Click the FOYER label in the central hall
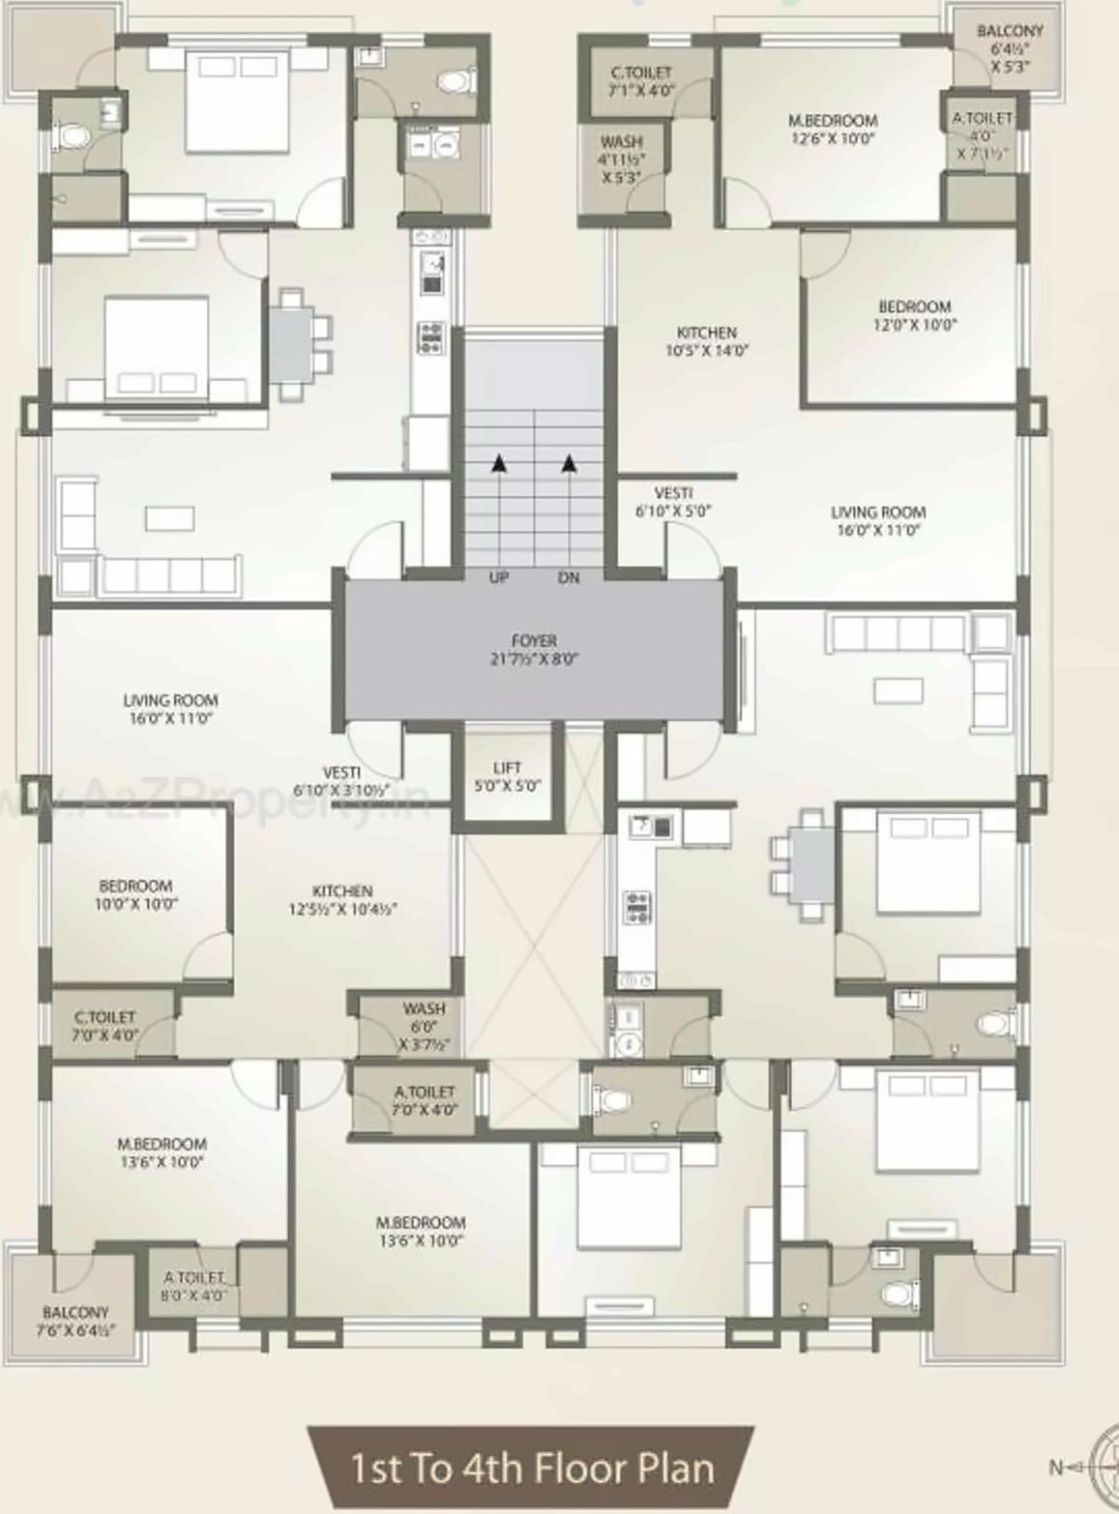(x=534, y=650)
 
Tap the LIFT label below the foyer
(x=507, y=776)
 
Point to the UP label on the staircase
(x=499, y=577)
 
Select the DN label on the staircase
(x=569, y=577)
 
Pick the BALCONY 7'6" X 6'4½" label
(x=75, y=1321)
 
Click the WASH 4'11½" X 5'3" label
(x=621, y=160)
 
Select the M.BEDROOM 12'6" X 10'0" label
(x=833, y=129)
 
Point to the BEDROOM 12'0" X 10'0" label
(x=914, y=315)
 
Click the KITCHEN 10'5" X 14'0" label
(x=707, y=340)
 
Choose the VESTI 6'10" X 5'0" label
(x=673, y=502)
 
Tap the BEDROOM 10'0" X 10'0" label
(x=135, y=894)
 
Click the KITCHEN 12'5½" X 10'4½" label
(x=342, y=899)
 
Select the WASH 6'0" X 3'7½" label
(x=424, y=1026)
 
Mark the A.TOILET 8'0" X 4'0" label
(x=194, y=1286)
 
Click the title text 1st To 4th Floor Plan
(x=532, y=1468)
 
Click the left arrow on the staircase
(x=498, y=464)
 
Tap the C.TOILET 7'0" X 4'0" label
(x=105, y=1025)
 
